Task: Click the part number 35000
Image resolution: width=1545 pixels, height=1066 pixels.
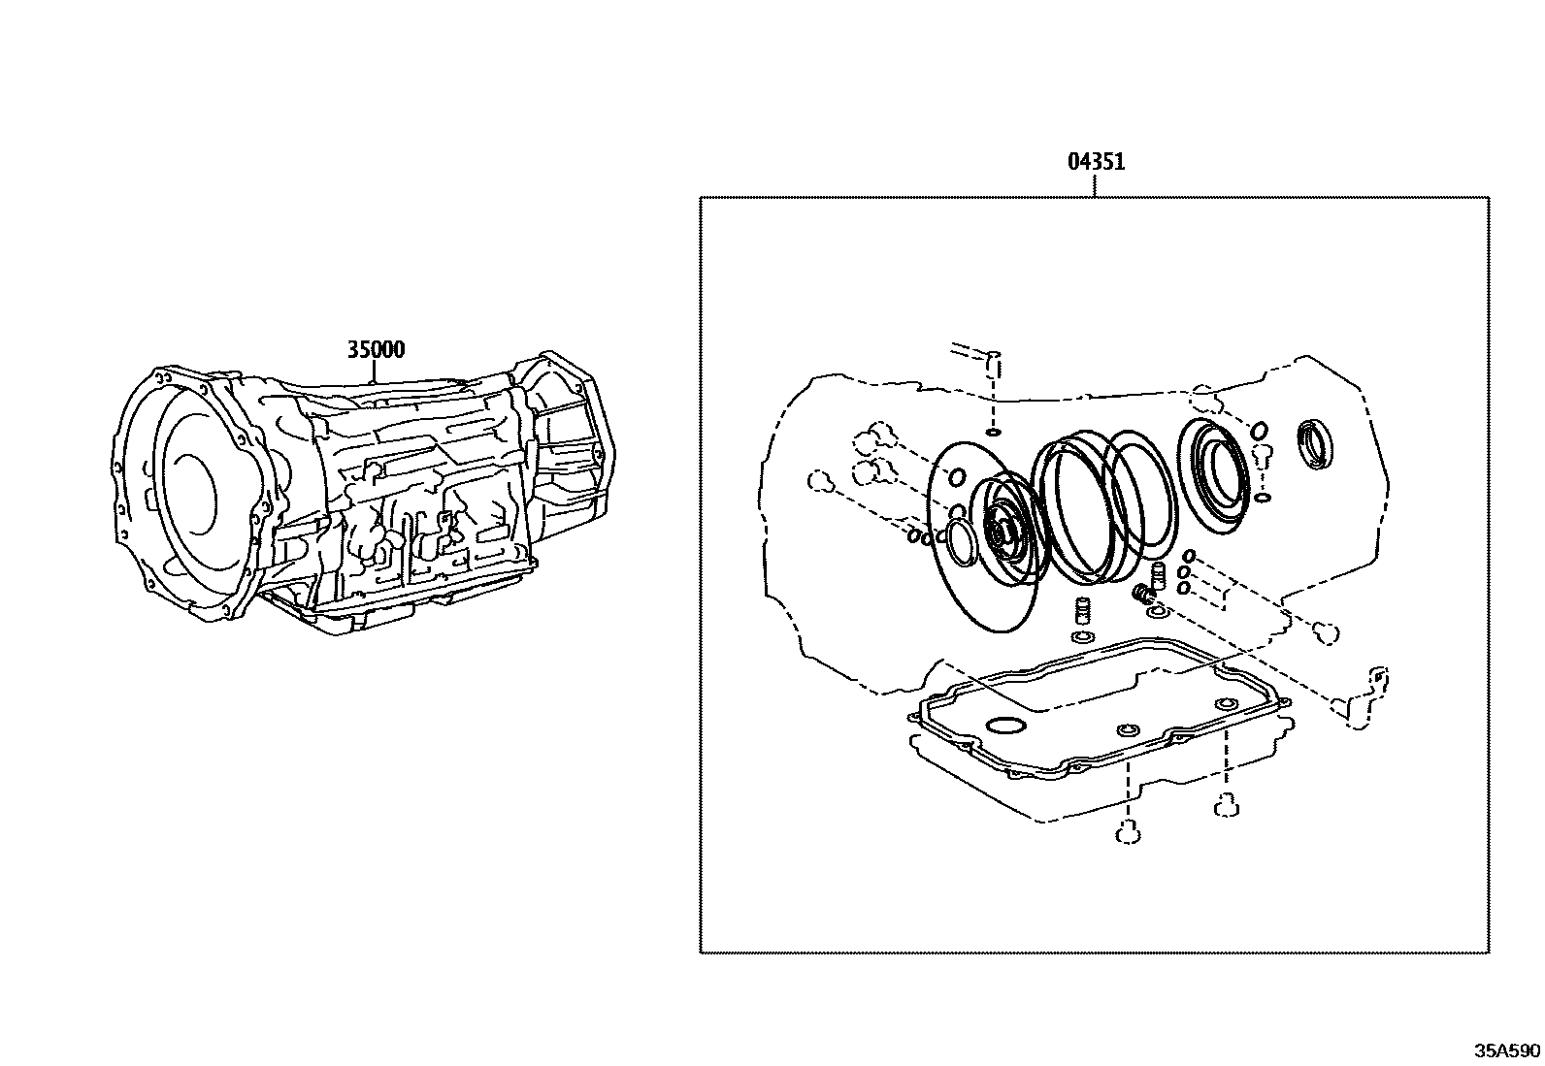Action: (376, 350)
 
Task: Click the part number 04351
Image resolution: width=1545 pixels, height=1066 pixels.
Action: (1096, 161)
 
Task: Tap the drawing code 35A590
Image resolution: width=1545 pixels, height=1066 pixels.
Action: (1507, 1051)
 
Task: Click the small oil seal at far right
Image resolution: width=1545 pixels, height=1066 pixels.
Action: (1316, 444)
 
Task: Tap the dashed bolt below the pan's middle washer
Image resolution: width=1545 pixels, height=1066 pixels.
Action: (1128, 832)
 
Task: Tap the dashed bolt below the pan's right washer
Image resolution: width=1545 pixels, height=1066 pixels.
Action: (1226, 804)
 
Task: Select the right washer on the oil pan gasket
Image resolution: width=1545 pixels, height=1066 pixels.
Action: (1226, 705)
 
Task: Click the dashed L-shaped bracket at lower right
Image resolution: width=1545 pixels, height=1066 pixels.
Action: (1366, 696)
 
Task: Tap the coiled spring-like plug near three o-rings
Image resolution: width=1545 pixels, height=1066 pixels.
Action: (1142, 594)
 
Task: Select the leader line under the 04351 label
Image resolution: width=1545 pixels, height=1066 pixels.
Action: (1096, 186)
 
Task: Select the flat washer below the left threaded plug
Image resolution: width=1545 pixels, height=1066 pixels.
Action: (1081, 637)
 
